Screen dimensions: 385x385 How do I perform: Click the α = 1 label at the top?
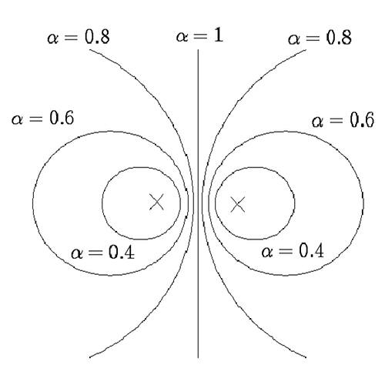point(199,36)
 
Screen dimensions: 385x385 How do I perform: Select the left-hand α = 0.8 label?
point(79,38)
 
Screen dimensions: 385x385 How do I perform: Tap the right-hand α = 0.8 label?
point(320,38)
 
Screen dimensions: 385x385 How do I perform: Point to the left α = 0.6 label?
point(43,119)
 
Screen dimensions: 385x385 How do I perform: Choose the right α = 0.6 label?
point(343,121)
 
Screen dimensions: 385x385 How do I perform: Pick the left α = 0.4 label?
point(102,253)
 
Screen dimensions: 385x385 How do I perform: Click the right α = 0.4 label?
point(293,251)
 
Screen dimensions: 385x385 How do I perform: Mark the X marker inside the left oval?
point(156,202)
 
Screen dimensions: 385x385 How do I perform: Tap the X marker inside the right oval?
point(238,205)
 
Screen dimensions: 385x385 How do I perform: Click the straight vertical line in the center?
point(198,203)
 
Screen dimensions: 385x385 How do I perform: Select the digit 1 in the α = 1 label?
point(218,35)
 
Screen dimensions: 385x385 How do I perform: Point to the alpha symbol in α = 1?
point(182,37)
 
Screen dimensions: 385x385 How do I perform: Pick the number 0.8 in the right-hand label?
point(339,38)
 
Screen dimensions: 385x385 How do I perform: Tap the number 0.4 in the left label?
point(122,253)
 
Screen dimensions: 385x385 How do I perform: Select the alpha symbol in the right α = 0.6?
point(318,122)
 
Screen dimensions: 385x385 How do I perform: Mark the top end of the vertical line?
point(198,49)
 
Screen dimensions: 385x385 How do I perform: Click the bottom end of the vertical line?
point(198,357)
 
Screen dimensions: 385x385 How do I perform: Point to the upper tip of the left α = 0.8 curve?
point(89,49)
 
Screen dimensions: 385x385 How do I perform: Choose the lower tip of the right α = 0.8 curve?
point(306,357)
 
